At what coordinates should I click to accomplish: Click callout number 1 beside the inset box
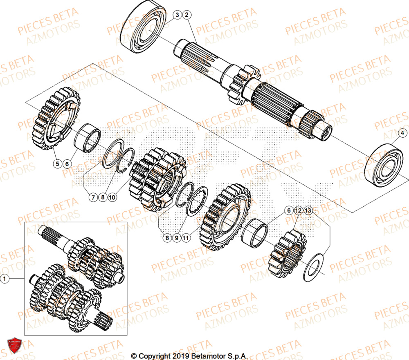(x=5, y=279)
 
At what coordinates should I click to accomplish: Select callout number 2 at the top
(x=187, y=15)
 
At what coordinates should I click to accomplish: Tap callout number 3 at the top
(x=177, y=15)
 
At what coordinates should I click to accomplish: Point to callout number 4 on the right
(x=402, y=133)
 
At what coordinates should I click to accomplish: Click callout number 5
(x=58, y=163)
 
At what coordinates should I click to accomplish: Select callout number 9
(x=176, y=237)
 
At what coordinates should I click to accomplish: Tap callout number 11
(x=186, y=237)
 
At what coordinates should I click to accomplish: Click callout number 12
(x=298, y=210)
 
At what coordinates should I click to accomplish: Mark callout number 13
(x=308, y=210)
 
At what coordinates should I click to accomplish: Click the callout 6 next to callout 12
(x=288, y=210)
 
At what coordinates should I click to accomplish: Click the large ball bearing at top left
(x=143, y=27)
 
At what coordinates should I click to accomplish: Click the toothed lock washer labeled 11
(x=197, y=200)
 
